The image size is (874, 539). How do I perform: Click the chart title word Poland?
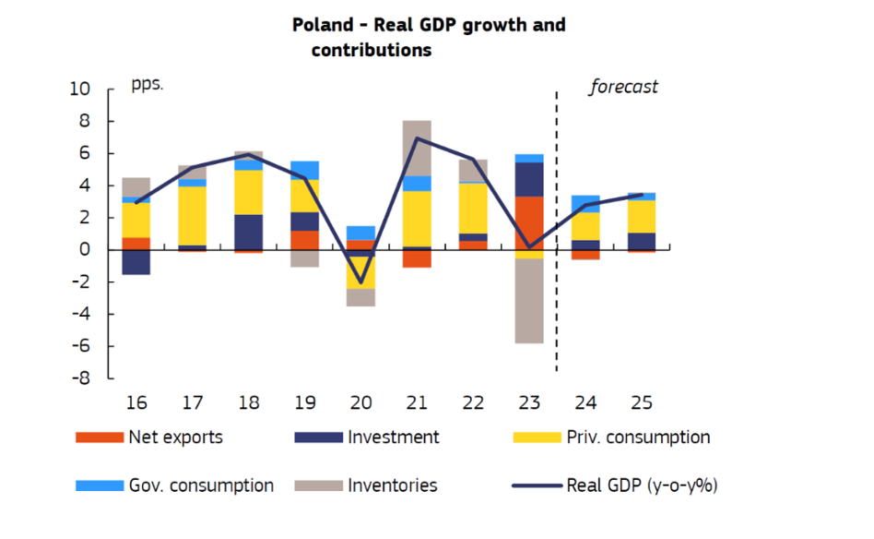[323, 26]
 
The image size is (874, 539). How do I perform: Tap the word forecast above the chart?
[623, 88]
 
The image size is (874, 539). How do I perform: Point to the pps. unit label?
[147, 84]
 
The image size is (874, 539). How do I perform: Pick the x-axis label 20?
[360, 403]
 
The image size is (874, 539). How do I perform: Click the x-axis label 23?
[528, 403]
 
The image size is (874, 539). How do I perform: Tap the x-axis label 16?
[136, 403]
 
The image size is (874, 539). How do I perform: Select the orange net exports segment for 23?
[528, 222]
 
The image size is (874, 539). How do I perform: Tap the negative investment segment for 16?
[136, 262]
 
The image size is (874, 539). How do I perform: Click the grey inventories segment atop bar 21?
[417, 148]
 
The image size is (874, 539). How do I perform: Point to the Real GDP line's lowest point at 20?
[360, 282]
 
